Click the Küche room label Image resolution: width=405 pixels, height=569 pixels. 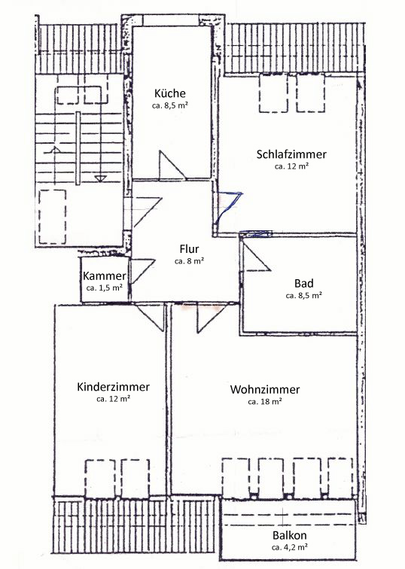170,93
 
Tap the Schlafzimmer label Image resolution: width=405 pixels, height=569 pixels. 291,154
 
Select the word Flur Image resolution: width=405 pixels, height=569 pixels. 189,249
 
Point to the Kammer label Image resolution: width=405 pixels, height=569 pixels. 104,276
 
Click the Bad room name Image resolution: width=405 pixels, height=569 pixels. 303,283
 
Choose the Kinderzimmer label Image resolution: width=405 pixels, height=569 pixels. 113,387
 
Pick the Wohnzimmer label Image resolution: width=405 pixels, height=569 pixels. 265,390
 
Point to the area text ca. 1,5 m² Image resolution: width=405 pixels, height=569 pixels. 104,288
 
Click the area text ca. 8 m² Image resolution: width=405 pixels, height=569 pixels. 189,261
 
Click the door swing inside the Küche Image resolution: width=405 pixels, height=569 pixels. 171,165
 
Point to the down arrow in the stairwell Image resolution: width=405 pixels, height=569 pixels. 101,178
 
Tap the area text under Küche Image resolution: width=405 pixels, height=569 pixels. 170,106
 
